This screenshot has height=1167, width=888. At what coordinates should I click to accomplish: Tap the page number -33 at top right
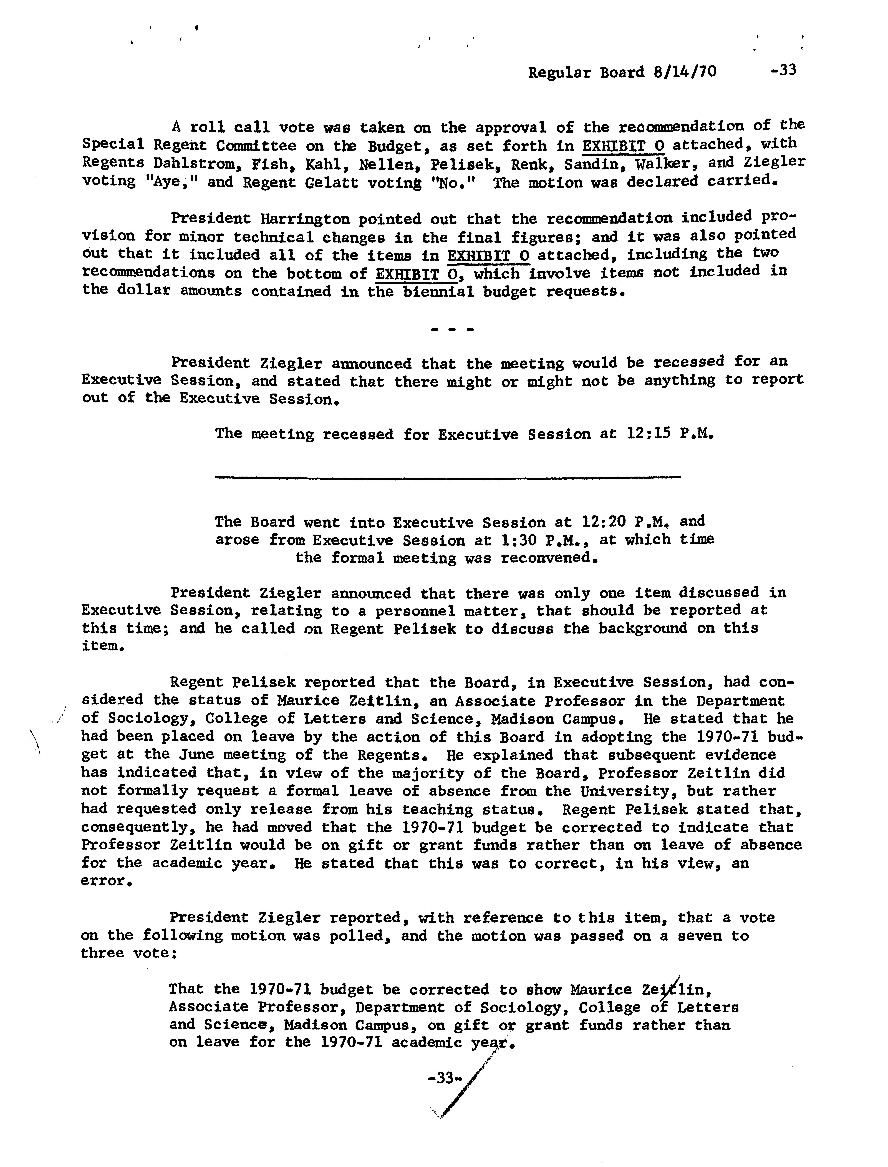(783, 70)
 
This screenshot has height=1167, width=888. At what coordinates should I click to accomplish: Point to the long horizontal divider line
(448, 477)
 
